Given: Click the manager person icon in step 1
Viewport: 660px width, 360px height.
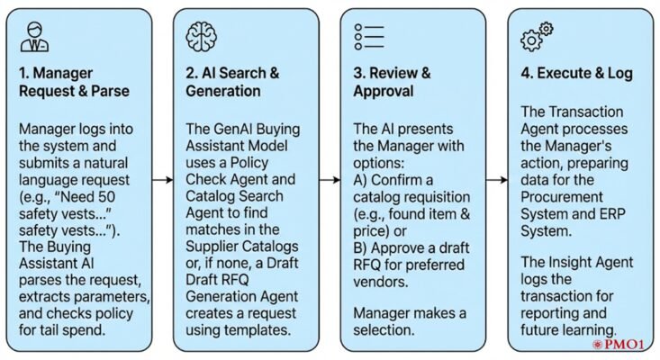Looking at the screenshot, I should pyautogui.click(x=35, y=39).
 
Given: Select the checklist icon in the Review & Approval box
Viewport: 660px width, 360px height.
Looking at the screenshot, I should pyautogui.click(x=369, y=37).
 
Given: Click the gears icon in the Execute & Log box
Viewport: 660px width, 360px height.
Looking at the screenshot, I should pyautogui.click(x=537, y=38).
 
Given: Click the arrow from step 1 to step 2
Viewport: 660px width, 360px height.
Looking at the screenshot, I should pyautogui.click(x=162, y=180).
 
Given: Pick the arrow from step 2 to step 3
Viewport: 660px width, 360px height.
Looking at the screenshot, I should pyautogui.click(x=329, y=180).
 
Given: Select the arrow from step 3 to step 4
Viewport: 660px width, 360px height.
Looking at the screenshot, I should pyautogui.click(x=496, y=180).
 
